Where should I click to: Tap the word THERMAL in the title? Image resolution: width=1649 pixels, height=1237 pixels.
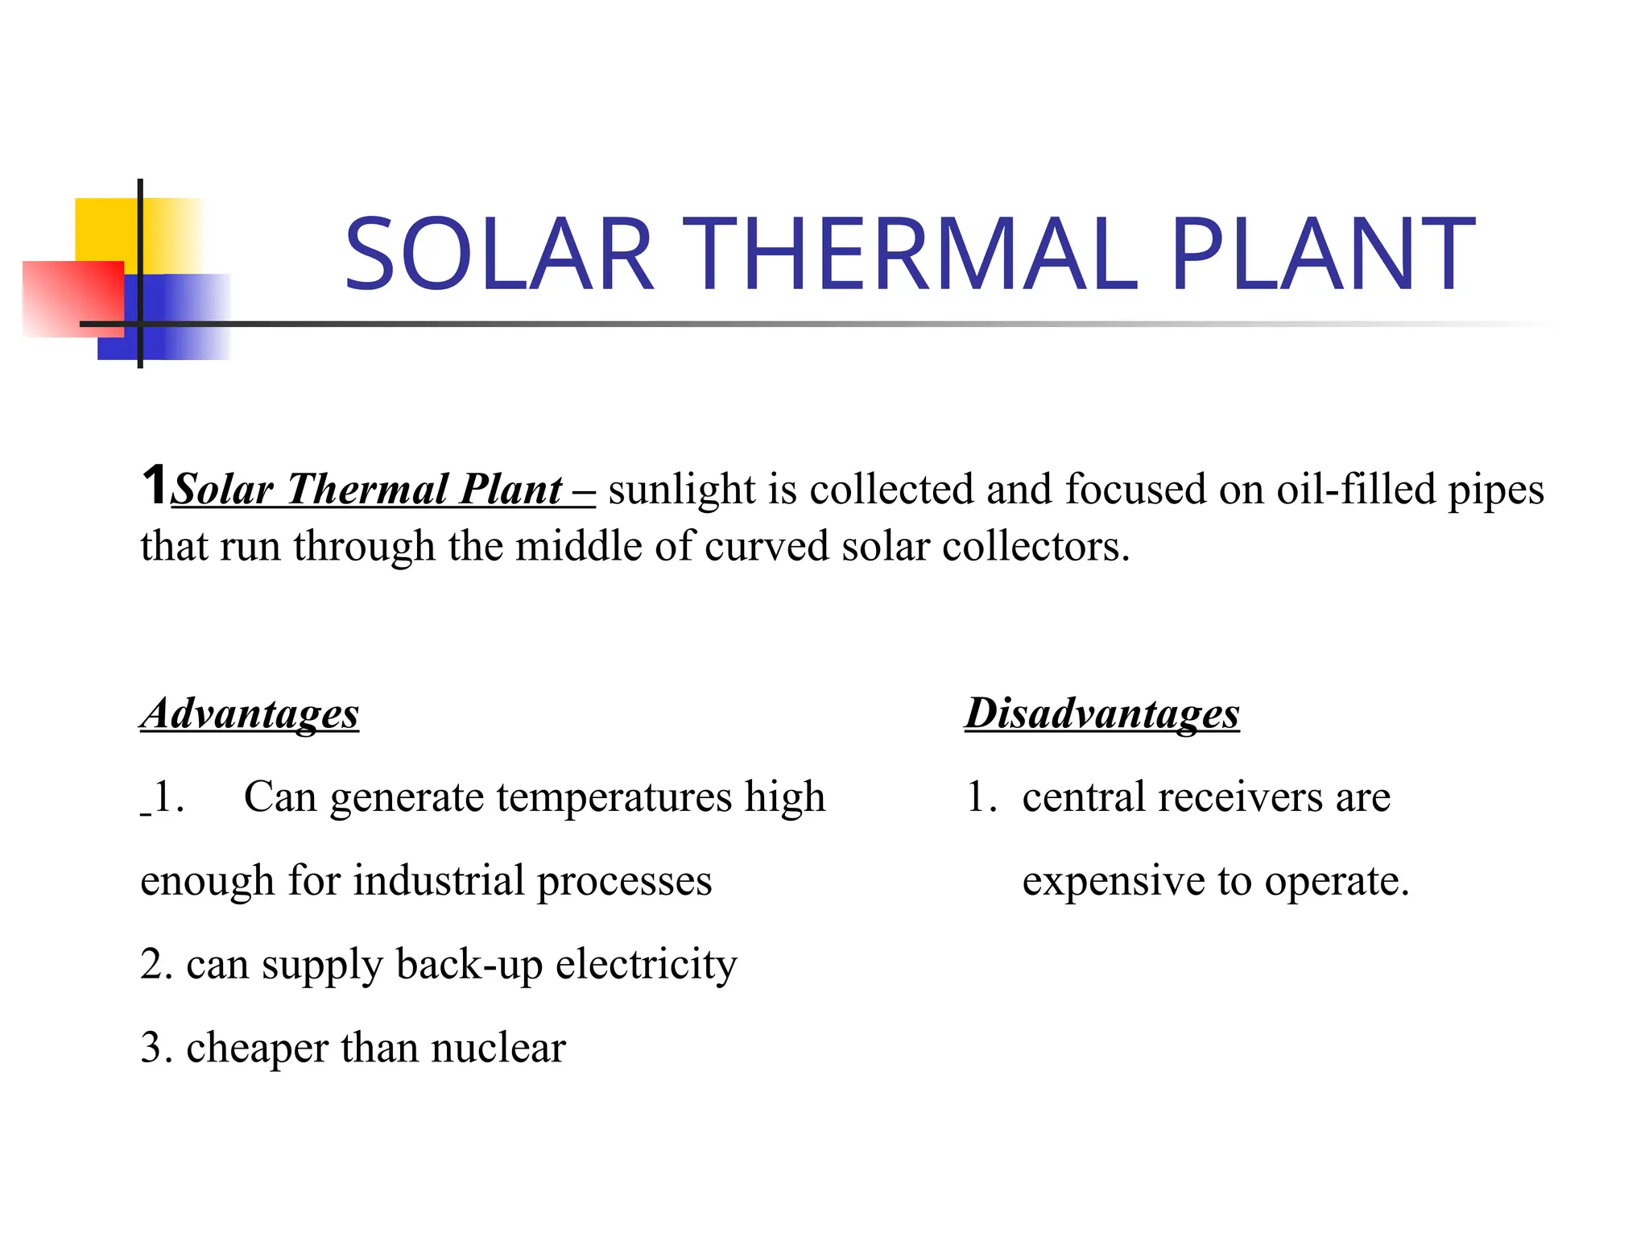point(914,254)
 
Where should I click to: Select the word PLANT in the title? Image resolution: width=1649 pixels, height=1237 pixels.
point(1323,254)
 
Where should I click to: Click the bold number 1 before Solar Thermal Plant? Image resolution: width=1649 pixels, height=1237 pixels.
point(155,485)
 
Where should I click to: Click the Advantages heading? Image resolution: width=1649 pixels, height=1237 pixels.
point(250,714)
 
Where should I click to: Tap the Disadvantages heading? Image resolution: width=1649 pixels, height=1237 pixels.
point(1102,714)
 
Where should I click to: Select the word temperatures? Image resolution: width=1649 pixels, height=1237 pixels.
point(614,797)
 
